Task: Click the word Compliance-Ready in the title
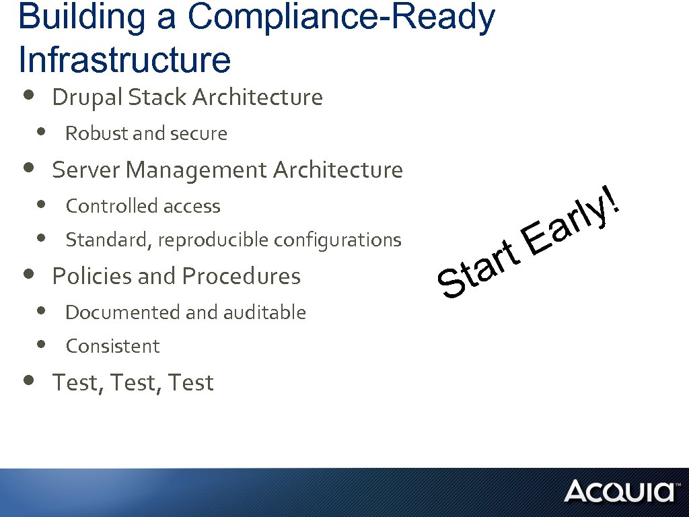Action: [x=341, y=17]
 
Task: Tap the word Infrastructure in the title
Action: [x=125, y=59]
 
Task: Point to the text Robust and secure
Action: [x=146, y=134]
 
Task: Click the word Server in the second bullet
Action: [x=86, y=170]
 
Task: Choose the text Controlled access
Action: [x=143, y=206]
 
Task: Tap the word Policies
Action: [x=92, y=276]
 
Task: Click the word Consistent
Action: [x=112, y=346]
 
